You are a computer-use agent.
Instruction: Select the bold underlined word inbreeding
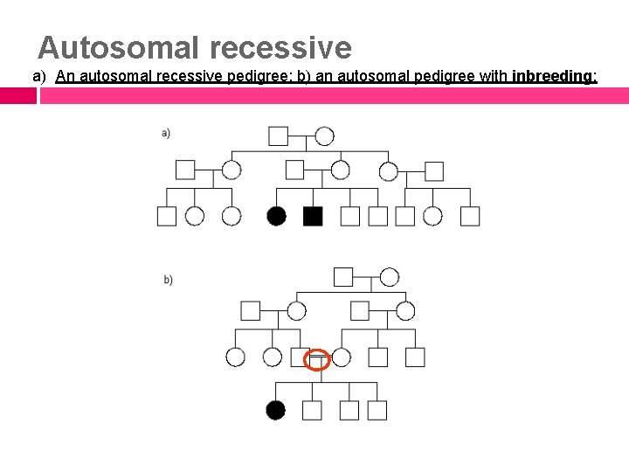tap(554, 76)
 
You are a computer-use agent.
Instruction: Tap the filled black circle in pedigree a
tap(277, 216)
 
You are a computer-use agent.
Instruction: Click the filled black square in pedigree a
tap(313, 216)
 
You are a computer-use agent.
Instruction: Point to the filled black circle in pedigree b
tap(276, 410)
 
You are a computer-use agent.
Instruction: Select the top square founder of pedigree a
tap(278, 135)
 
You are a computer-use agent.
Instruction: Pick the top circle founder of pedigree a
tap(324, 135)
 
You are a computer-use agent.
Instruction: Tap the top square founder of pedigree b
tap(343, 277)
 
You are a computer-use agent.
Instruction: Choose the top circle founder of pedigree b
tap(390, 277)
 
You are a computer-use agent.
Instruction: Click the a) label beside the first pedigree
tap(166, 133)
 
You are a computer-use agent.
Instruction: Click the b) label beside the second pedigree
tap(169, 280)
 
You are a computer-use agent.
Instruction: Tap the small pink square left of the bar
tap(18, 95)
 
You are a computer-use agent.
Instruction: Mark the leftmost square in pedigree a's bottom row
tap(166, 216)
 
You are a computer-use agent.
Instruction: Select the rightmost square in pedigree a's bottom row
tap(470, 216)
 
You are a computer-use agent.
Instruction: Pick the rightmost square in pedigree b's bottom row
tap(377, 410)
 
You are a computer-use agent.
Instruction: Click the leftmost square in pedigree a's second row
tap(185, 170)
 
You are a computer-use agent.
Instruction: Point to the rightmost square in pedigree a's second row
tap(434, 170)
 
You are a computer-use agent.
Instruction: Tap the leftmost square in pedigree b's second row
tap(251, 310)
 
